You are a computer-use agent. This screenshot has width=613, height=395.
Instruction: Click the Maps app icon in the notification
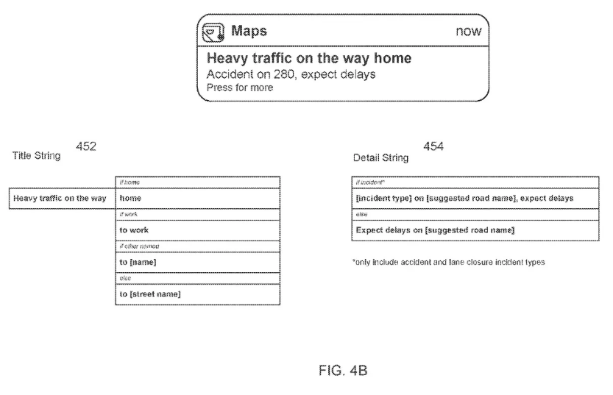coord(214,32)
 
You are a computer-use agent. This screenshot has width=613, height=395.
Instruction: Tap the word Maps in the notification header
coord(249,32)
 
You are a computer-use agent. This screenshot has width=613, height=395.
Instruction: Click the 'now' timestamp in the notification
coord(468,32)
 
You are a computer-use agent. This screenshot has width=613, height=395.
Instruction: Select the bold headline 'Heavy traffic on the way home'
coord(308,58)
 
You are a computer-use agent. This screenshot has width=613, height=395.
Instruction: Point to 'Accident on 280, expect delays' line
coord(292,74)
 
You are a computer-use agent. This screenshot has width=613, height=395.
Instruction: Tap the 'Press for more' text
coord(240,88)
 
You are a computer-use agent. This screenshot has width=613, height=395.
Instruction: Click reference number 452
coord(86,148)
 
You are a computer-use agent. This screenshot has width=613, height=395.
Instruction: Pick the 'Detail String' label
coord(380,157)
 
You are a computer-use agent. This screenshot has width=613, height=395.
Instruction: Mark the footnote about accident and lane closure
coord(449,263)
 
